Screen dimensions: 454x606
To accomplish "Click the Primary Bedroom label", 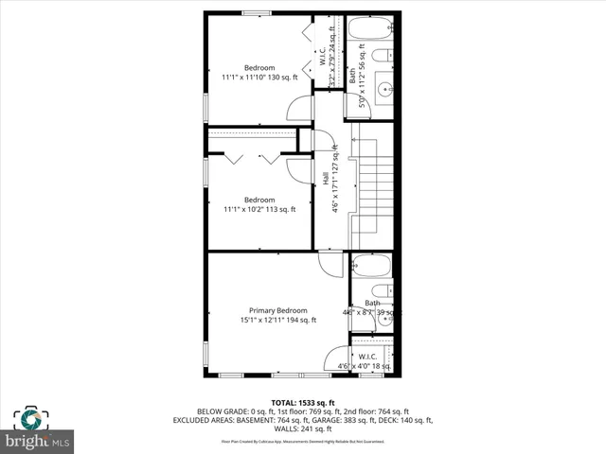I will [278, 310].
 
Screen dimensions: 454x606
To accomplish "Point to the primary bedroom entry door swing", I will [330, 264].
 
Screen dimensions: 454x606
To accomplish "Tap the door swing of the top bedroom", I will [300, 108].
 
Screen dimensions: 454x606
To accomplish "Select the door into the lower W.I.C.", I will [337, 359].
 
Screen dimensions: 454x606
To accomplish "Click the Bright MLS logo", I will [37, 430].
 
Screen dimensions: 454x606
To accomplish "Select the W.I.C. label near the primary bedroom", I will [369, 357].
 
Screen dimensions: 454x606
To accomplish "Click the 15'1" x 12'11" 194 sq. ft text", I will [278, 320].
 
